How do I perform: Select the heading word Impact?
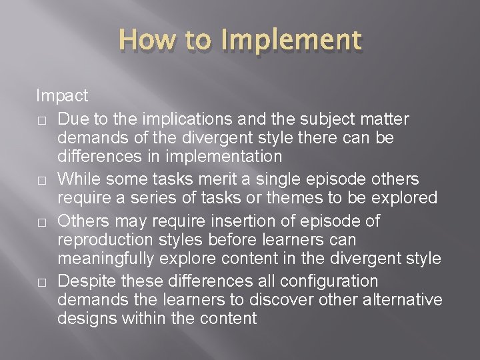pyautogui.click(x=62, y=95)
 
